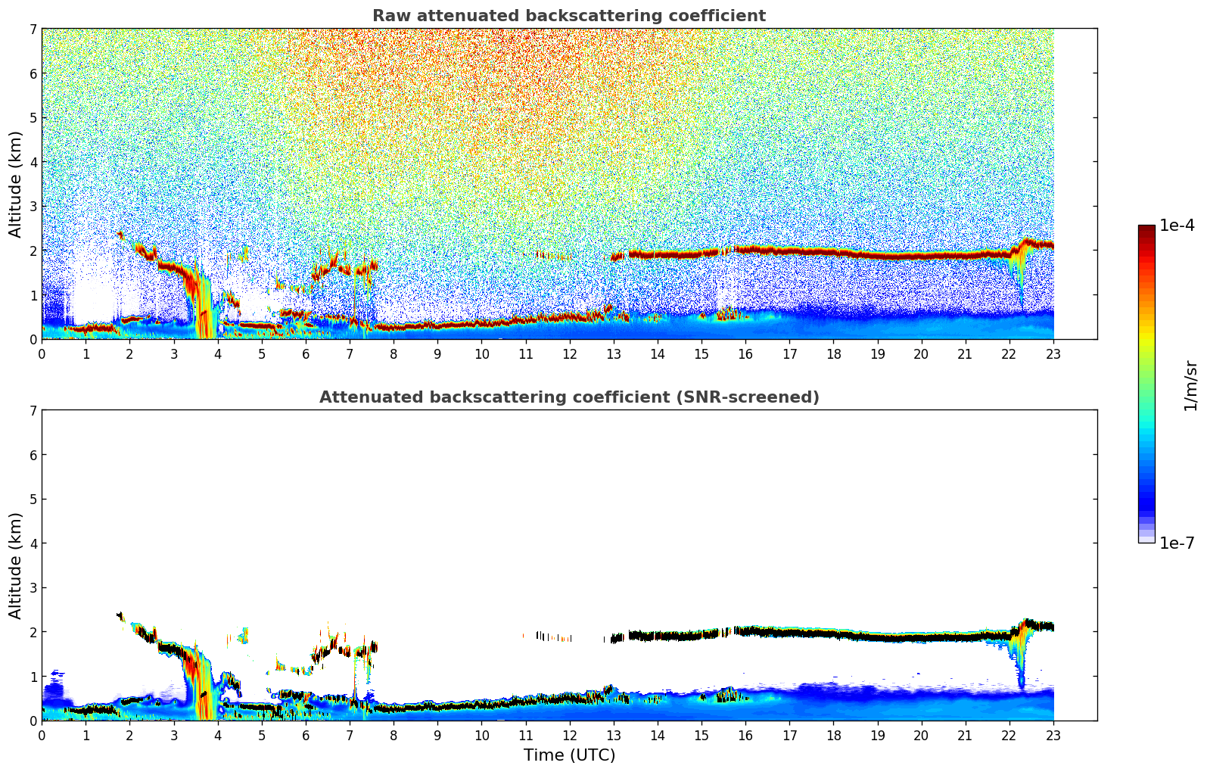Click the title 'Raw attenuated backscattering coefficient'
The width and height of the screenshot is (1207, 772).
[568, 16]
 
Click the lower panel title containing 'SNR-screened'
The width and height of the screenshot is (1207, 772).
[568, 397]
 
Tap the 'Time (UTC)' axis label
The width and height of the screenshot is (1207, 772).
[569, 755]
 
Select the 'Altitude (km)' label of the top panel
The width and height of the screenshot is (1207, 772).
[16, 184]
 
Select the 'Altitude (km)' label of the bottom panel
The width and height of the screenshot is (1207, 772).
[16, 565]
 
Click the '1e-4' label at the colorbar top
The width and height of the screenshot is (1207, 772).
[1177, 226]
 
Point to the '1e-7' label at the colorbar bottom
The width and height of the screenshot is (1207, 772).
[1177, 543]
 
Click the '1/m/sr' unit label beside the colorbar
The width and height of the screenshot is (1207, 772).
[1190, 386]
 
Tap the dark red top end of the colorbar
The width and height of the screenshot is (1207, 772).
[1146, 229]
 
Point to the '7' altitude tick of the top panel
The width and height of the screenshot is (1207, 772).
[33, 29]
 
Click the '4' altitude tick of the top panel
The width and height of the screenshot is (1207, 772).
[33, 162]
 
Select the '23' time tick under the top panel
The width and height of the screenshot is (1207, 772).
[1053, 353]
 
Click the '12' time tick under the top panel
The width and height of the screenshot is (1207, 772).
[569, 353]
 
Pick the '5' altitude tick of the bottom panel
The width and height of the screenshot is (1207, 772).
[33, 499]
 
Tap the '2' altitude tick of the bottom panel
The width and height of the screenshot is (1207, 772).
[33, 632]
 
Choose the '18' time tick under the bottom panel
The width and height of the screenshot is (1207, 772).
[833, 735]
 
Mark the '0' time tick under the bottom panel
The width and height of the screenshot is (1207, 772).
[42, 735]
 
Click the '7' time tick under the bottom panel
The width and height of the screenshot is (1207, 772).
[350, 735]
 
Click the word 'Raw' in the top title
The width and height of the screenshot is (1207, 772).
[389, 16]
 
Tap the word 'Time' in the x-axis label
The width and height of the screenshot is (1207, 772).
[543, 755]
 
